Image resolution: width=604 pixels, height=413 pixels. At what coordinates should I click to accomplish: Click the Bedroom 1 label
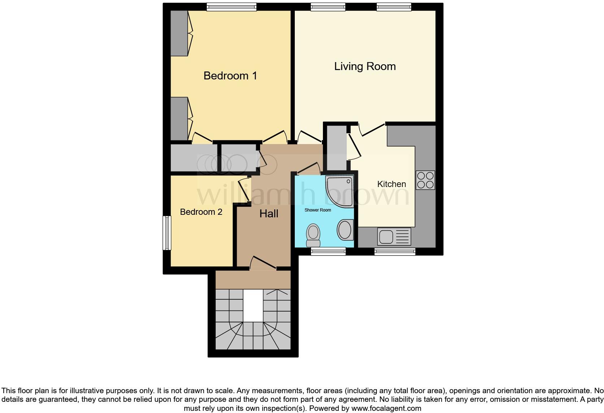pyautogui.click(x=230, y=75)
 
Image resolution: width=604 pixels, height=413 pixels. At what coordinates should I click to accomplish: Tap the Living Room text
pyautogui.click(x=364, y=66)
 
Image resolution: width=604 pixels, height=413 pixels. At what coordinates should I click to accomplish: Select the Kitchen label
pyautogui.click(x=391, y=184)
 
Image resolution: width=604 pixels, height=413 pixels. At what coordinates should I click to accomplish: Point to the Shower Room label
pyautogui.click(x=318, y=210)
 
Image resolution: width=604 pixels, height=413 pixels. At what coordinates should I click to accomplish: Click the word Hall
pyautogui.click(x=269, y=214)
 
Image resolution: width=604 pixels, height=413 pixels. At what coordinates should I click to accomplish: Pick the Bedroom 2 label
pyautogui.click(x=201, y=212)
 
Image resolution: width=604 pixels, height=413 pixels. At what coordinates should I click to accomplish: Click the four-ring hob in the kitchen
pyautogui.click(x=425, y=180)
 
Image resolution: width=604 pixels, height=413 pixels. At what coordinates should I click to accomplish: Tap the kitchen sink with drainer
pyautogui.click(x=394, y=237)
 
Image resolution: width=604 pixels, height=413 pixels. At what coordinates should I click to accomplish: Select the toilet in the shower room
pyautogui.click(x=313, y=235)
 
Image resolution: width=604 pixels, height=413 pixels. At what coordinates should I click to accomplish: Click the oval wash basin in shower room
pyautogui.click(x=345, y=230)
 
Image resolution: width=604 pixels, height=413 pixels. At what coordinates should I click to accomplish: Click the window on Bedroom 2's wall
pyautogui.click(x=167, y=233)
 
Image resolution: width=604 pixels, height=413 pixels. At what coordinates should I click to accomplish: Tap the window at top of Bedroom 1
pyautogui.click(x=232, y=7)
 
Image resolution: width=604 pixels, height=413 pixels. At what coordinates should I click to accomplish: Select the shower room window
pyautogui.click(x=328, y=251)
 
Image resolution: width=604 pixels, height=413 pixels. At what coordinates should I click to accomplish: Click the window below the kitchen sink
pyautogui.click(x=395, y=251)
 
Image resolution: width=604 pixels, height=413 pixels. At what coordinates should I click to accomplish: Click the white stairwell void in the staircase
pyautogui.click(x=253, y=305)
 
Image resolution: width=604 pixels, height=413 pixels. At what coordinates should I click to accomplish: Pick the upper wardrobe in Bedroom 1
pyautogui.click(x=179, y=33)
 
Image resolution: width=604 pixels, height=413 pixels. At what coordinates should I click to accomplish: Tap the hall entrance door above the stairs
pyautogui.click(x=263, y=264)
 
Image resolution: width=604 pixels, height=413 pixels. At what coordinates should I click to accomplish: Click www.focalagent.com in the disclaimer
pyautogui.click(x=386, y=409)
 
